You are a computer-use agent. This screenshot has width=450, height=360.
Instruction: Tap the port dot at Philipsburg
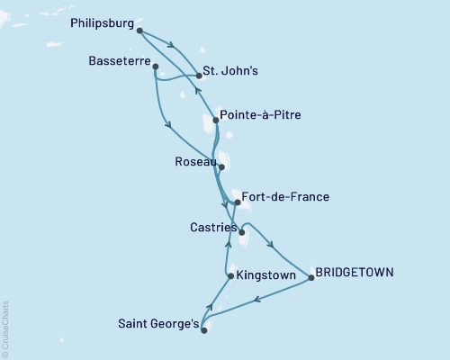coord(140,31)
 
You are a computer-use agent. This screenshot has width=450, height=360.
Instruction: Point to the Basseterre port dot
coord(156,66)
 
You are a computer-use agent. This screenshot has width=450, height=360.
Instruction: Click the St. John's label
coord(233,70)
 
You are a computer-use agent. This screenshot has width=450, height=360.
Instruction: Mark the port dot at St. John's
coord(198,77)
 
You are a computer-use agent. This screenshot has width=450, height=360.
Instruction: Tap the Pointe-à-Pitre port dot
coord(215,121)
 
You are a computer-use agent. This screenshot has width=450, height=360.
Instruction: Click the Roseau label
coord(195,163)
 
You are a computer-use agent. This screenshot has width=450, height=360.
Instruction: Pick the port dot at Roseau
coord(221,167)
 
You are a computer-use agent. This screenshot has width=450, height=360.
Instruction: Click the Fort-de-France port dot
coord(237,202)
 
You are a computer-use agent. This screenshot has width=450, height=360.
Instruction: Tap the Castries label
coord(213,229)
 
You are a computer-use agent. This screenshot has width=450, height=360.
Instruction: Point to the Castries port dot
coord(241,231)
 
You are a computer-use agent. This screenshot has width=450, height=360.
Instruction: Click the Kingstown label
coord(267,276)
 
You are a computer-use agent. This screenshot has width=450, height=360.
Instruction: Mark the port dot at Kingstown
coord(230,276)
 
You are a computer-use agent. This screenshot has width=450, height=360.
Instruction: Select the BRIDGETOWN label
coord(355,272)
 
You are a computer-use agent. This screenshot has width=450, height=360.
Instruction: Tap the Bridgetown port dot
coord(311,278)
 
